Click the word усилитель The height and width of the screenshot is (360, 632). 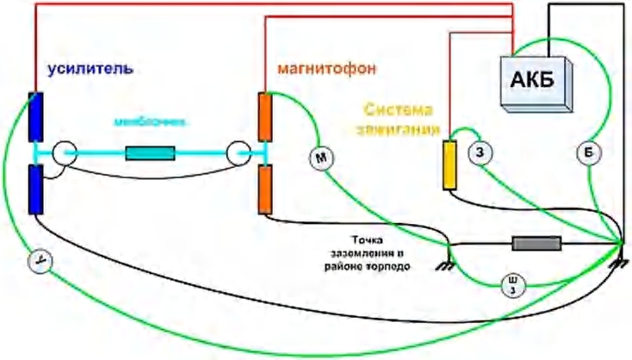[x=84, y=68]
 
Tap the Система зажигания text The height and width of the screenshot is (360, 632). [x=402, y=121]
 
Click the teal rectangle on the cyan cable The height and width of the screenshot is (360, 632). [x=151, y=154]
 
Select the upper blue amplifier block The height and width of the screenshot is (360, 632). [x=35, y=116]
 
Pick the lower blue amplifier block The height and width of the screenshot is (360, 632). [x=35, y=189]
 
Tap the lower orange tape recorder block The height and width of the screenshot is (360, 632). [x=267, y=190]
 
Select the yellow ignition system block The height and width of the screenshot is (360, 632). [x=449, y=164]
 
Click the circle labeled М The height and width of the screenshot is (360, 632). [x=320, y=158]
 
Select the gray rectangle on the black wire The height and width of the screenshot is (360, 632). [x=536, y=244]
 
